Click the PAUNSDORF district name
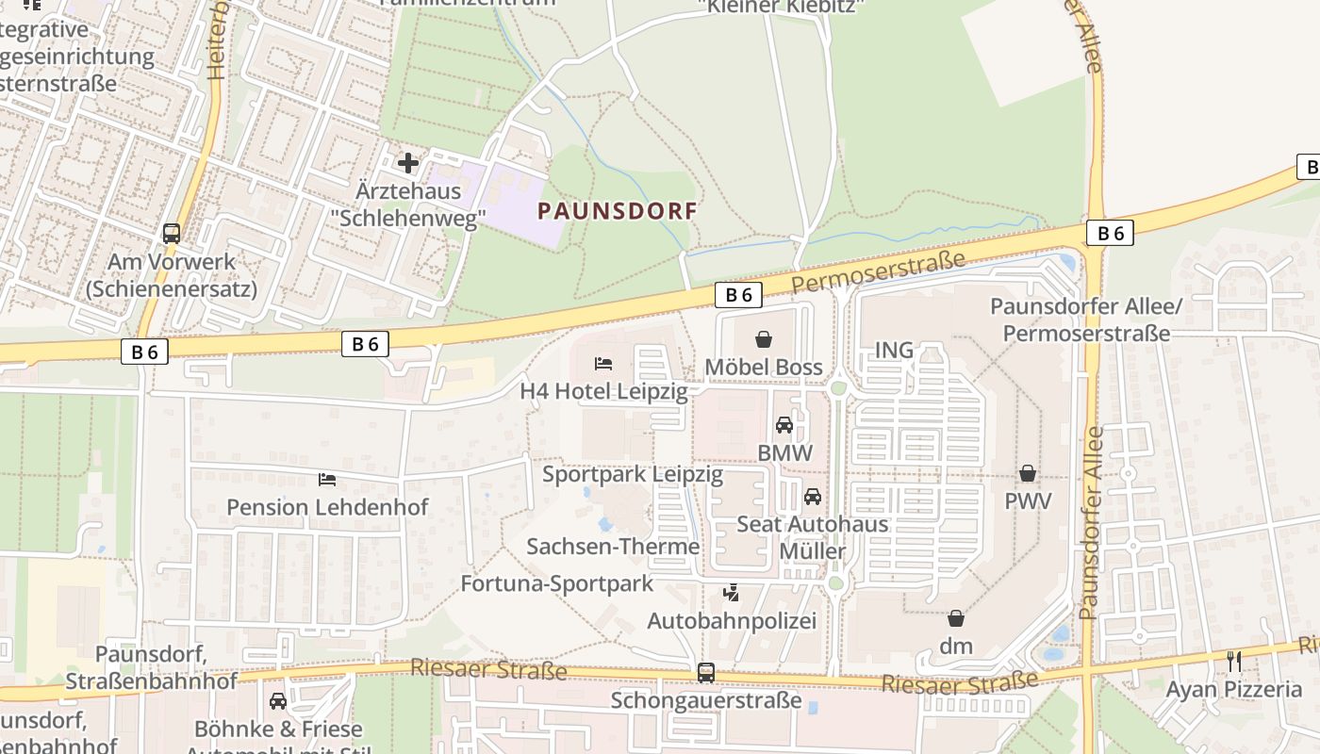coord(618,211)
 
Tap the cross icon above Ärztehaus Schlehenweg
coord(408,163)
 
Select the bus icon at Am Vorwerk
coord(172,233)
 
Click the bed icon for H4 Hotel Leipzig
coord(603,363)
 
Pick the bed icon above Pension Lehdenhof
coord(327,480)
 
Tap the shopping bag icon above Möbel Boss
coord(764,339)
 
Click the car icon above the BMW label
coord(784,425)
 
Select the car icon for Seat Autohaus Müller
coord(813,496)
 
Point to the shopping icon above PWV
coord(1028,472)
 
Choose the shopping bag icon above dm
coord(956,618)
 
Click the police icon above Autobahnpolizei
coord(731,593)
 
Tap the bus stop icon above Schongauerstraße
coord(706,672)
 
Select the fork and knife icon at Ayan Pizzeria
coord(1234,661)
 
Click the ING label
coord(894,351)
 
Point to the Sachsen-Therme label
coord(613,547)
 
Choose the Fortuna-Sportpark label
coord(556,583)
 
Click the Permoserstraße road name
coord(878,271)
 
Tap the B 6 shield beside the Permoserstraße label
coord(738,295)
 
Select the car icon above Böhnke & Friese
coord(278,701)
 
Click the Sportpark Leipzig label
coord(633,474)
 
